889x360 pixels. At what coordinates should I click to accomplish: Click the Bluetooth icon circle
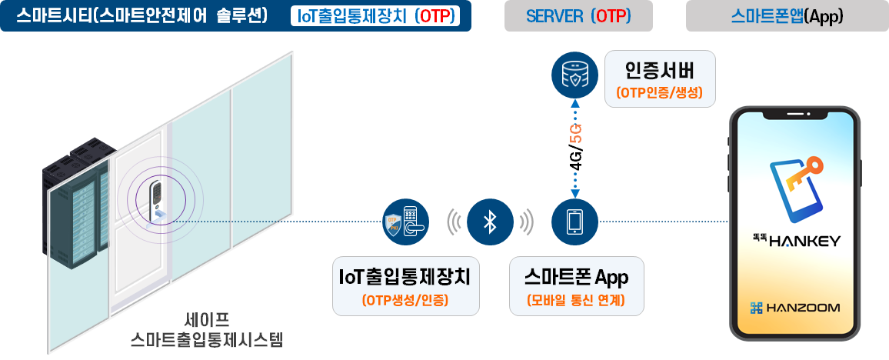pos(490,222)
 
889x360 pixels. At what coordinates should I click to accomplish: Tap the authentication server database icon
pos(575,75)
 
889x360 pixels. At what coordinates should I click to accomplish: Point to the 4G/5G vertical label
pos(575,148)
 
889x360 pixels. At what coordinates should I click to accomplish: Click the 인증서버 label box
pos(660,79)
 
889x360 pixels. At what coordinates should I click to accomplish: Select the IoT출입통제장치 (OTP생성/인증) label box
pos(405,285)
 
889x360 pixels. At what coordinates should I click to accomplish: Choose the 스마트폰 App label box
pos(576,285)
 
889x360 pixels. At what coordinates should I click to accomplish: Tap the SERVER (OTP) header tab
pos(578,16)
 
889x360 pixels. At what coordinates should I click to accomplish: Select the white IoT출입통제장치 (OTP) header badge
pos(376,16)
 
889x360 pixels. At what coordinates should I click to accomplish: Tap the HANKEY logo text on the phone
pos(795,241)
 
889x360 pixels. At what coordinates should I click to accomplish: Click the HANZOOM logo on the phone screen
pos(795,308)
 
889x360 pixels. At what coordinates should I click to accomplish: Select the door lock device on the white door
pos(156,196)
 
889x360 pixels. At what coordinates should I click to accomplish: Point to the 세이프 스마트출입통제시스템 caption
pos(207,329)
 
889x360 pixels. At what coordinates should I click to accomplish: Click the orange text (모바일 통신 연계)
pos(576,301)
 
